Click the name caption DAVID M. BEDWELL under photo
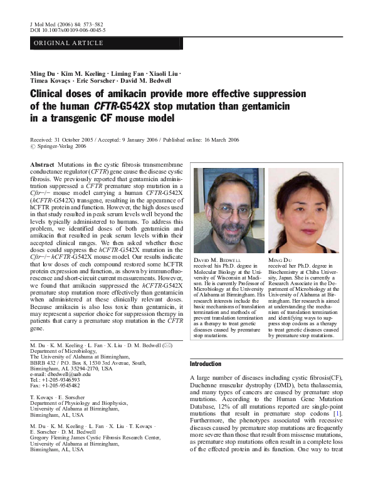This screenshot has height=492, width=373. pyautogui.click(x=216, y=259)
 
